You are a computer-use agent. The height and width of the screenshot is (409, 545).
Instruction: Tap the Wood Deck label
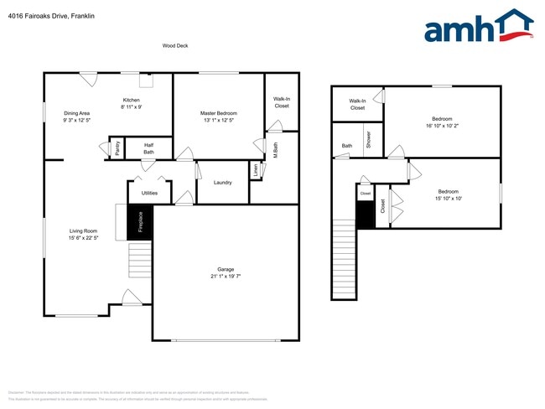point(175,46)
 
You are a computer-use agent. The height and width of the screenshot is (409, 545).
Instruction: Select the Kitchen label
point(132,100)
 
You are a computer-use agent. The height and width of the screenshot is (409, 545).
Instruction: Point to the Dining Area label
point(76,113)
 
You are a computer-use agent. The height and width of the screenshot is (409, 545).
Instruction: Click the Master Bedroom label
point(218,113)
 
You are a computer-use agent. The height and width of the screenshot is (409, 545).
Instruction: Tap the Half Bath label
point(148,148)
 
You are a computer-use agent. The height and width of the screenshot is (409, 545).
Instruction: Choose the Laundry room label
point(222,183)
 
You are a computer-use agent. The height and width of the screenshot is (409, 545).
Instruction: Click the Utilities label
point(149,194)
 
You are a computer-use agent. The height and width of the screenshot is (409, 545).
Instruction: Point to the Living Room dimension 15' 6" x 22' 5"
point(84,238)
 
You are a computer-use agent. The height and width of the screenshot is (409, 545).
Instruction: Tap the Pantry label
point(117,148)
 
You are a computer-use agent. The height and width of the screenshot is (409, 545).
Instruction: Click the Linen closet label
point(255,169)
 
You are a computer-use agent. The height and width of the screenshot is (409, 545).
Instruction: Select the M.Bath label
point(275,150)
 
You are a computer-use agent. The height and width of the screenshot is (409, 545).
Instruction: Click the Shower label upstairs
point(368,140)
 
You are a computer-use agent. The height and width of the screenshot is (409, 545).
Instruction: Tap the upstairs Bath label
point(346,146)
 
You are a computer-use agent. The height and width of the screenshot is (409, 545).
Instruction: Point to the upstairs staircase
point(345,259)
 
